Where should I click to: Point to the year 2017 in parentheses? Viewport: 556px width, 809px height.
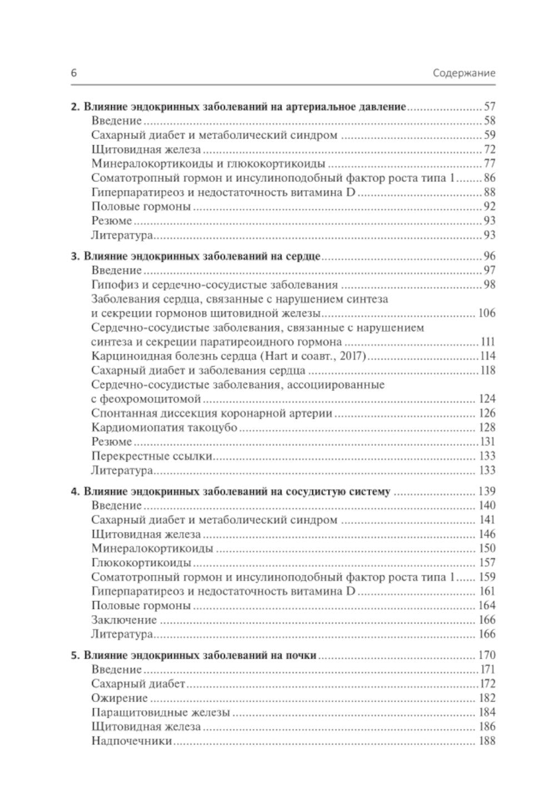coord(350,356)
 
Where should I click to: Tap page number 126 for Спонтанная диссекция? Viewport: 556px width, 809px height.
coord(486,413)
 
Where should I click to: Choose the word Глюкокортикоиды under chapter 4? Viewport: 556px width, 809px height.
coord(141,563)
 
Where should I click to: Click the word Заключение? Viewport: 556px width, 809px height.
coord(123,619)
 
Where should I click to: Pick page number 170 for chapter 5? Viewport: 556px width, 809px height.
coord(486,655)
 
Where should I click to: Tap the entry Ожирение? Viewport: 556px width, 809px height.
coord(119,698)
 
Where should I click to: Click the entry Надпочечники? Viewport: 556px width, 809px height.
coord(131,741)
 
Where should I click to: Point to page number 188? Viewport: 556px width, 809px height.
coord(486,741)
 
